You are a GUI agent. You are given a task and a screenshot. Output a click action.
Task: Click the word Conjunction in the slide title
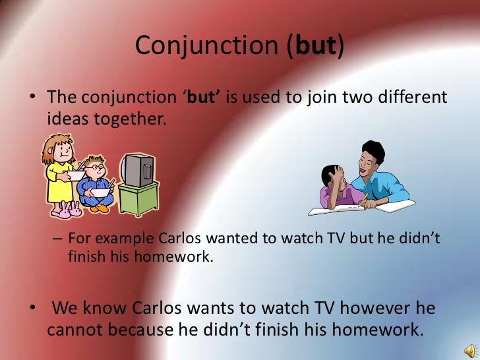[206, 47]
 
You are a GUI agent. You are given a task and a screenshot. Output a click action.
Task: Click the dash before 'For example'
[57, 239]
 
